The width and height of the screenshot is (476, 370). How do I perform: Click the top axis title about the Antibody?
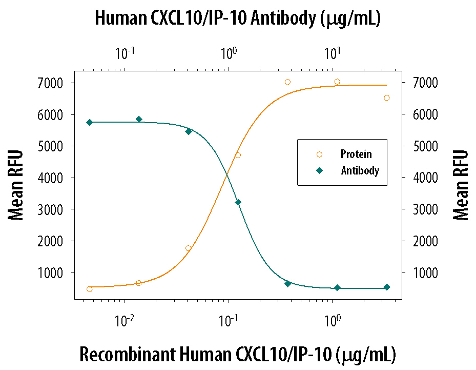coord(237,18)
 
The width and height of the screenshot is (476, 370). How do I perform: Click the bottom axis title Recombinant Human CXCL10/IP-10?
coord(237,354)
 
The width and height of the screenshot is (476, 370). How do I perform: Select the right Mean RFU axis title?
coord(461,185)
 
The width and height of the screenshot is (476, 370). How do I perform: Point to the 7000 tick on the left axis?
coord(58,83)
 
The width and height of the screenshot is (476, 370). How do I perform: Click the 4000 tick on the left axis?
coord(58,178)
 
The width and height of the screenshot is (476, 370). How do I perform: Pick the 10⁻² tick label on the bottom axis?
coord(125,321)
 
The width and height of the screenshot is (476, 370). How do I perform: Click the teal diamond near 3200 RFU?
coord(238,202)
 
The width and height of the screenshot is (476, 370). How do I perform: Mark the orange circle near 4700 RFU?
coord(238,155)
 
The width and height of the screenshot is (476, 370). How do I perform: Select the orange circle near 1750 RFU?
coord(189,248)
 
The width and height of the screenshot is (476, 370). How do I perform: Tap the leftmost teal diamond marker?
coord(90,122)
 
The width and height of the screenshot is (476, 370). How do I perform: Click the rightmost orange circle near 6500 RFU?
coord(387,98)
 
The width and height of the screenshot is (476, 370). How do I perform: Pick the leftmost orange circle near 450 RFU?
coord(90,289)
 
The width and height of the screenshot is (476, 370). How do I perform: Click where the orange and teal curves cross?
coord(226,176)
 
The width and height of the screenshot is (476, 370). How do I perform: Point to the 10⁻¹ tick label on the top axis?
coord(125,53)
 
